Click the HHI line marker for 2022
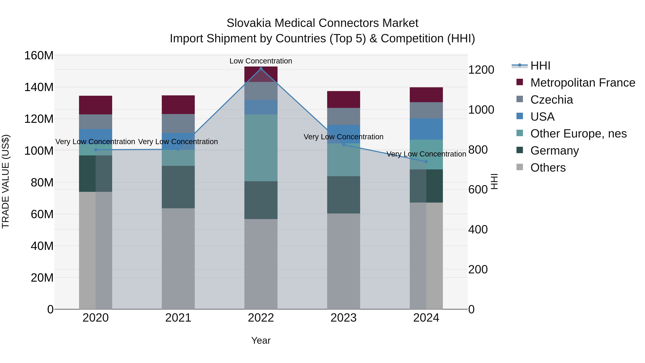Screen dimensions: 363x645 [x=261, y=69]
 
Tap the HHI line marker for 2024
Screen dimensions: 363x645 [x=426, y=162]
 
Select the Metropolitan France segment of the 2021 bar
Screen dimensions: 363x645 [x=178, y=105]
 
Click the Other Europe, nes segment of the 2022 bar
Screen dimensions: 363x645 [x=261, y=148]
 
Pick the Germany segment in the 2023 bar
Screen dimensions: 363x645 [x=343, y=195]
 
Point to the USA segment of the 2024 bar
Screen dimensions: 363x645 [x=426, y=129]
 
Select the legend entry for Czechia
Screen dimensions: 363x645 [x=551, y=100]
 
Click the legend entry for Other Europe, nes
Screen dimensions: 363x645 [x=578, y=134]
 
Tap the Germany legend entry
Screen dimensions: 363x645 [x=554, y=151]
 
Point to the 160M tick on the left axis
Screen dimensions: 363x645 [x=39, y=55]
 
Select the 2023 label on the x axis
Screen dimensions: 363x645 [x=343, y=318]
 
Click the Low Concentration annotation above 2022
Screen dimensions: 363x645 [x=261, y=61]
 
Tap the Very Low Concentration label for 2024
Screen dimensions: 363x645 [x=426, y=154]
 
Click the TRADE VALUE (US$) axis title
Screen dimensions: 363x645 [x=6, y=181]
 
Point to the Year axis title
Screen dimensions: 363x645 [x=261, y=340]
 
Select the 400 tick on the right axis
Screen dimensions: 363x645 [x=478, y=229]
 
